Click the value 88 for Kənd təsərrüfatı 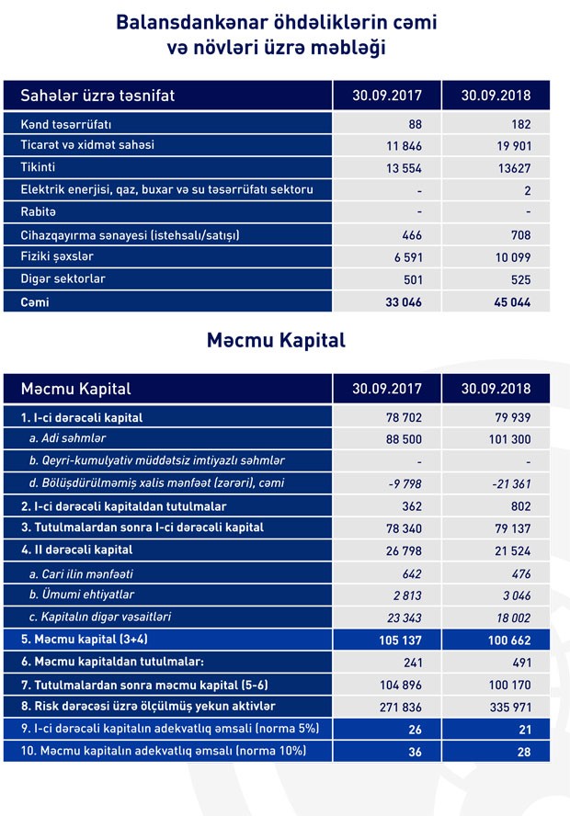(415, 123)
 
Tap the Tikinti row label (38, 167)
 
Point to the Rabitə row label (38, 212)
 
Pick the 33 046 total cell (400, 301)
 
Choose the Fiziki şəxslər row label (57, 257)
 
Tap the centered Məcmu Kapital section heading (276, 340)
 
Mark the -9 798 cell (403, 483)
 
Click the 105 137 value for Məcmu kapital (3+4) (398, 639)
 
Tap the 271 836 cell (399, 706)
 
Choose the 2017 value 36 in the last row (414, 752)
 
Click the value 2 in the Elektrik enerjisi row (526, 190)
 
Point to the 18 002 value (508, 616)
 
